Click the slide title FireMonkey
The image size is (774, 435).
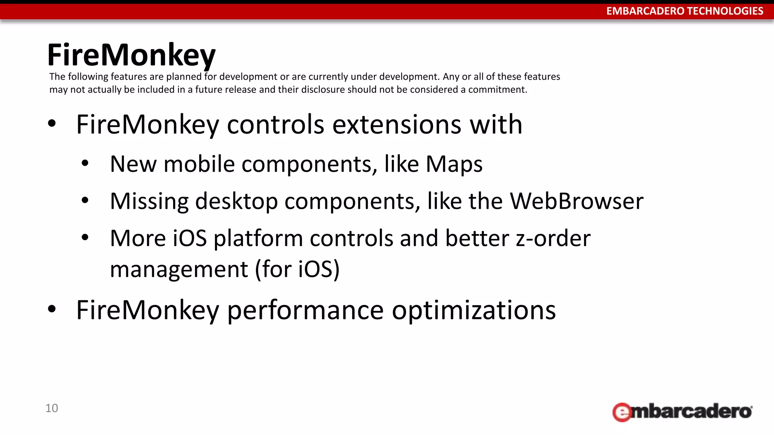tap(131, 56)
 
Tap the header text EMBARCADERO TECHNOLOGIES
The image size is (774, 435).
tap(684, 11)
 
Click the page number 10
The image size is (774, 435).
tap(52, 408)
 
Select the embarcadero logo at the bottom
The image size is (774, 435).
tap(682, 412)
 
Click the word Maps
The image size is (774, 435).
tap(454, 164)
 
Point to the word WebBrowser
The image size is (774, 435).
tap(576, 201)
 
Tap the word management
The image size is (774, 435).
tap(179, 270)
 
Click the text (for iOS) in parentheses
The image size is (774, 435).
tap(297, 270)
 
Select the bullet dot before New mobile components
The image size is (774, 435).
tap(85, 164)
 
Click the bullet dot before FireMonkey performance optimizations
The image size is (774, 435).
tap(52, 309)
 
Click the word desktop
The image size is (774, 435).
tap(237, 201)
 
